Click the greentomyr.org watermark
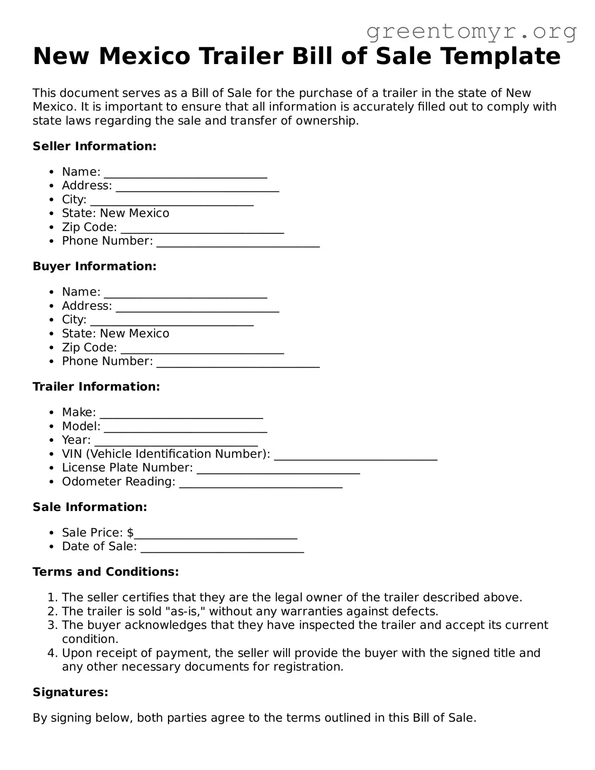click(x=472, y=32)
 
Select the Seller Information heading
click(x=95, y=146)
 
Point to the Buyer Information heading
click(x=95, y=266)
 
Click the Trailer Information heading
click(x=96, y=387)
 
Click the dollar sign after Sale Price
click(x=130, y=532)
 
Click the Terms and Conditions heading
click(x=106, y=572)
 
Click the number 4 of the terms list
click(x=52, y=653)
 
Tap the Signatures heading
click(x=71, y=692)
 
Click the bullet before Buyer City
click(x=52, y=320)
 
